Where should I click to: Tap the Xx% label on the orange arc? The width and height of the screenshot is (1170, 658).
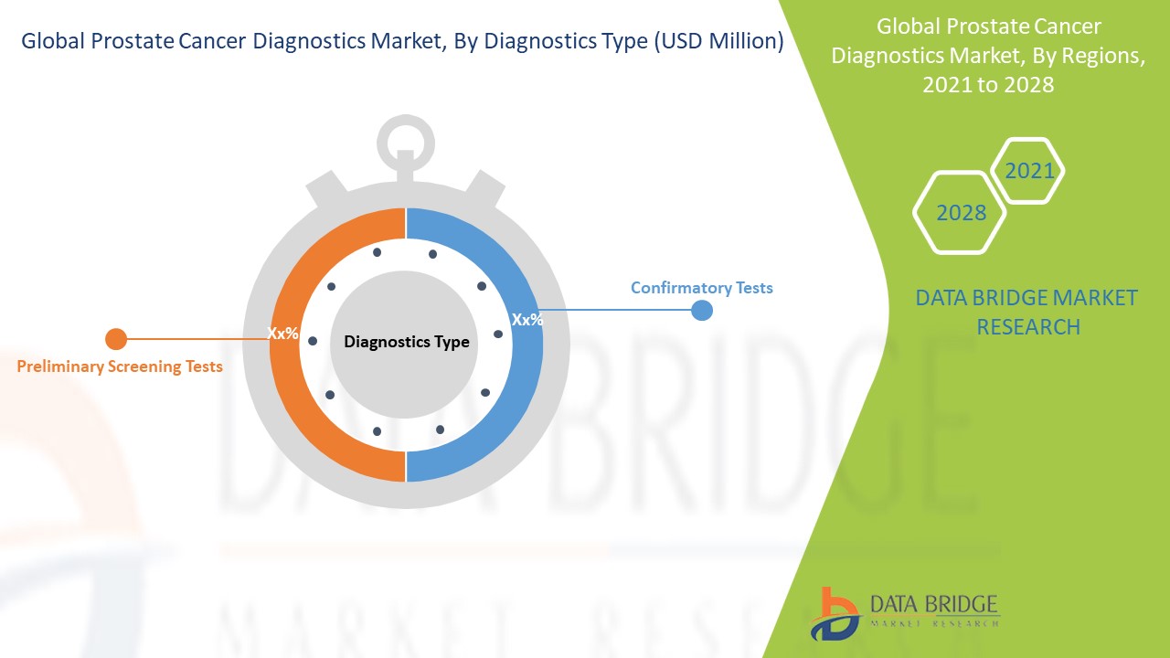pyautogui.click(x=282, y=333)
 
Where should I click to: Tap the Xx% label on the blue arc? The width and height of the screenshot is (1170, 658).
pyautogui.click(x=527, y=320)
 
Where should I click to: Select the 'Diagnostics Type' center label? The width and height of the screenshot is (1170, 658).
pyautogui.click(x=407, y=342)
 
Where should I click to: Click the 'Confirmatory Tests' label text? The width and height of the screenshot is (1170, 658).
pyautogui.click(x=701, y=288)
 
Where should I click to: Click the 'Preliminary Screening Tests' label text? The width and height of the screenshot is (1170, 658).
pyautogui.click(x=120, y=366)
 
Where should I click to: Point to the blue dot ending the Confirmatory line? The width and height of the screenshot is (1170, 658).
pyautogui.click(x=702, y=310)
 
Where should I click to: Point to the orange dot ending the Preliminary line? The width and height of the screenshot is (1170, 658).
pyautogui.click(x=116, y=339)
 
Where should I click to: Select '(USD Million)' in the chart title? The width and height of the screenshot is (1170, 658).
pyautogui.click(x=718, y=41)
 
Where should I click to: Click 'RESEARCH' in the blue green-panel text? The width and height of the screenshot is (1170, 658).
pyautogui.click(x=1028, y=327)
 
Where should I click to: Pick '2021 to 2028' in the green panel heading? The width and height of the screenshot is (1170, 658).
pyautogui.click(x=988, y=85)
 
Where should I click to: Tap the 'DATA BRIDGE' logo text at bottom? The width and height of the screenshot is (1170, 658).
pyautogui.click(x=933, y=604)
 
